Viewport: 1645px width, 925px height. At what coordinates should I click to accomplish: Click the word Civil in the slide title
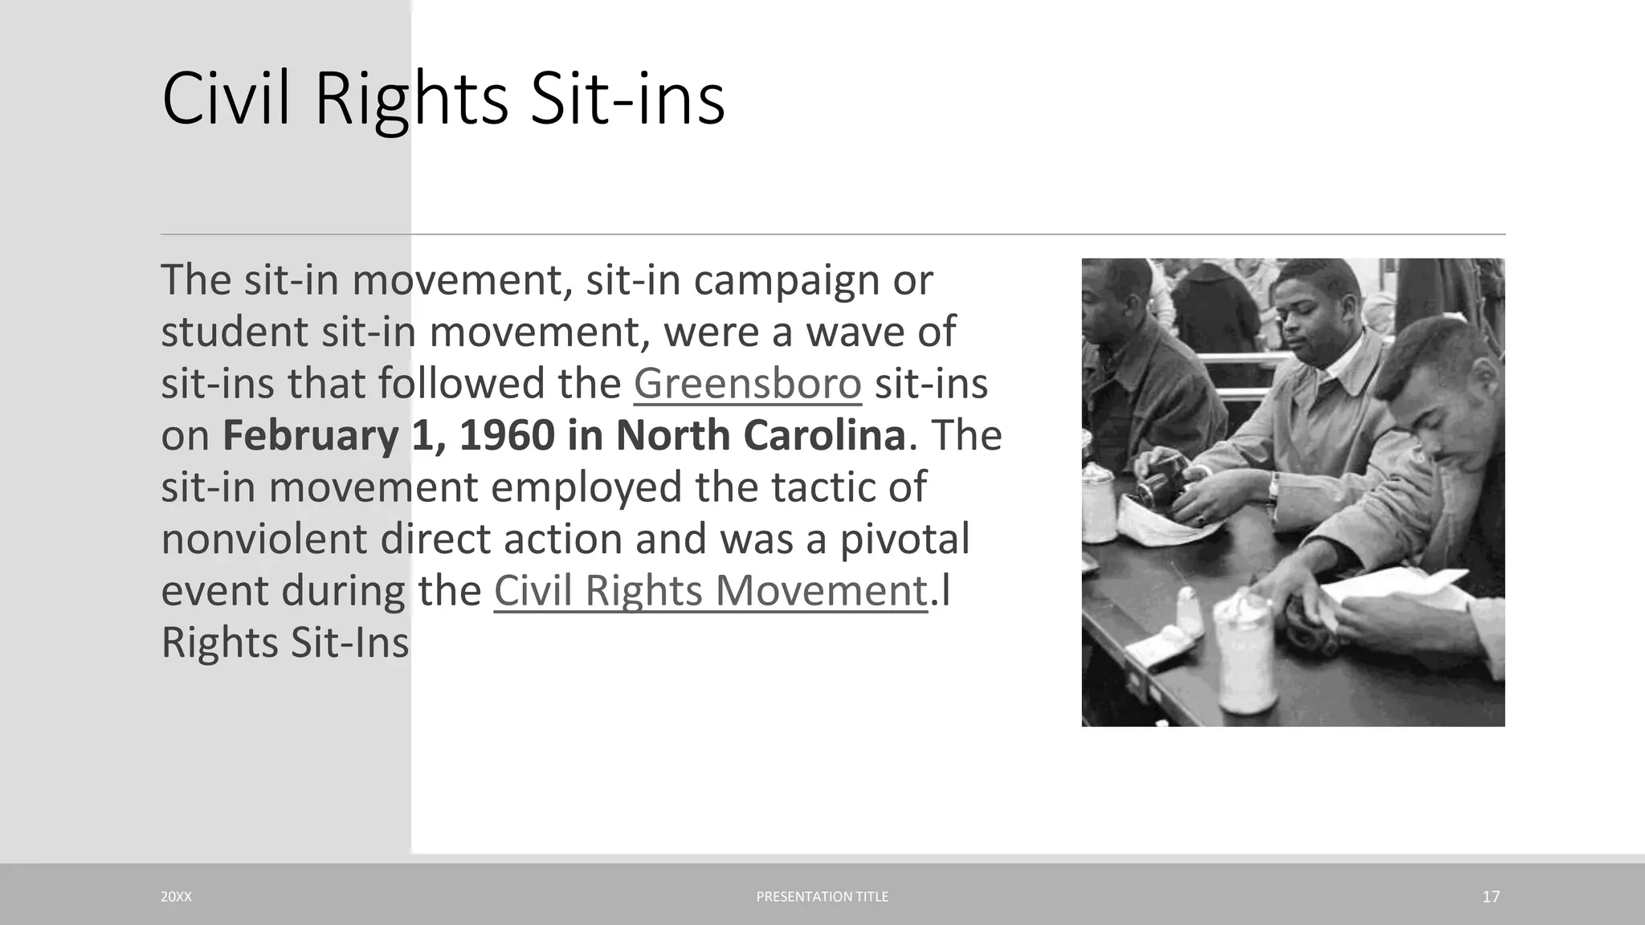click(226, 99)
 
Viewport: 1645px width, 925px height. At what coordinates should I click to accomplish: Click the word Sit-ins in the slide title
click(627, 99)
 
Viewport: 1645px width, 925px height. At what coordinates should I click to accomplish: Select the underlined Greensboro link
click(747, 383)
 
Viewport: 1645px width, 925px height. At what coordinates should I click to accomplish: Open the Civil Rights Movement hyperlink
click(711, 591)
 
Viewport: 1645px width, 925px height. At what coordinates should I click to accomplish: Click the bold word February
click(310, 435)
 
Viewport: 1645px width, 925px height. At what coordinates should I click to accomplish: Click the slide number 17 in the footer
click(1491, 897)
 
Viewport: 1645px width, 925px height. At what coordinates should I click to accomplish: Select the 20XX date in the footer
click(176, 897)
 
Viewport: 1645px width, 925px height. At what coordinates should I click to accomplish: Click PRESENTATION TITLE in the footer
click(822, 897)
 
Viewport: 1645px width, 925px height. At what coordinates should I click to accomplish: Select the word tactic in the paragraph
click(821, 487)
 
